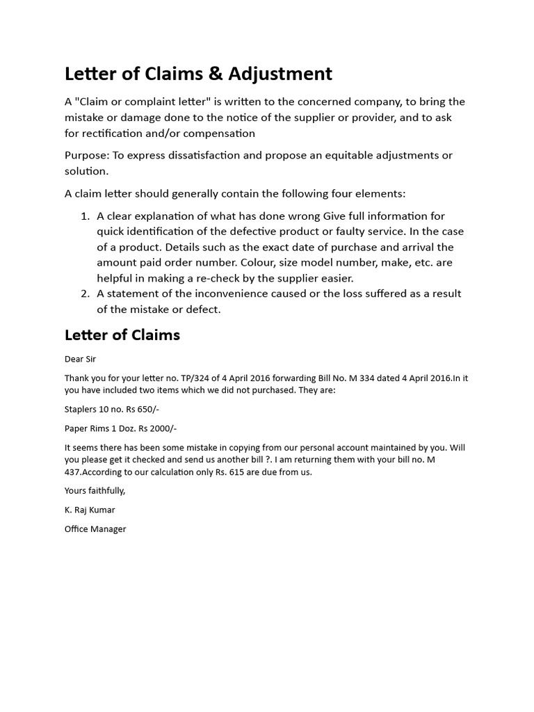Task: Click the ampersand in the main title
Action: click(213, 74)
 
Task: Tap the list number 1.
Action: click(86, 216)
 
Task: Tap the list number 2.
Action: click(86, 293)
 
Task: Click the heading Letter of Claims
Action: click(122, 335)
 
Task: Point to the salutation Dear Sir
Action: click(80, 359)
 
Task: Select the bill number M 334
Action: click(357, 378)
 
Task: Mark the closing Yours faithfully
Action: click(95, 491)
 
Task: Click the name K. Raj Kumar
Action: click(90, 510)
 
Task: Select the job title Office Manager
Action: click(95, 529)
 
